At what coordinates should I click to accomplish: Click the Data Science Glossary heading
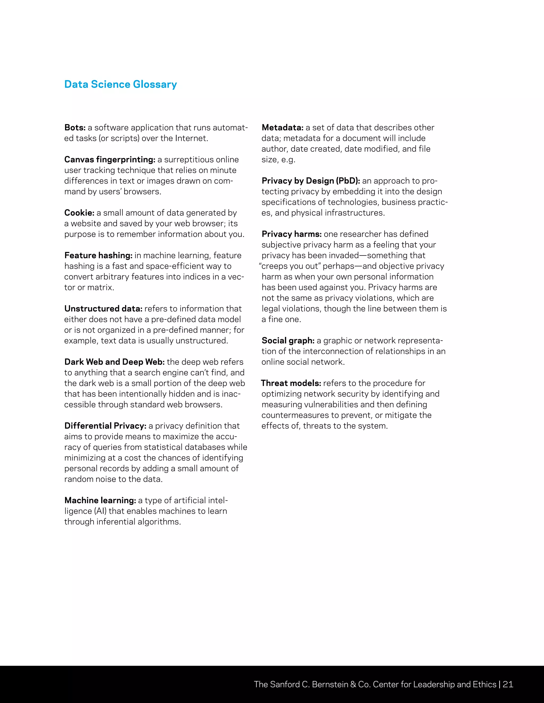[121, 84]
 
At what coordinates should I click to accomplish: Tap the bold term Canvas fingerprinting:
[110, 160]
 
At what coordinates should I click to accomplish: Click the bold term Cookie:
[79, 213]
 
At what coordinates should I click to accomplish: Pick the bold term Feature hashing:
[98, 255]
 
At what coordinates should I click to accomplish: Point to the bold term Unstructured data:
[103, 309]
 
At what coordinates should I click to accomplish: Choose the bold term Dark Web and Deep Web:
[114, 362]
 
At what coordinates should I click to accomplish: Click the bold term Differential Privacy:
[105, 426]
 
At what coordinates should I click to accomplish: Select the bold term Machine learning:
[100, 500]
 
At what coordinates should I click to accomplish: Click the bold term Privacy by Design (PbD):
[311, 181]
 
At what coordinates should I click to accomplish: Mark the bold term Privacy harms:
[291, 234]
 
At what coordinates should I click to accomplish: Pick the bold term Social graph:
[288, 341]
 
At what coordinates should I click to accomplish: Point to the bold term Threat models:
[291, 383]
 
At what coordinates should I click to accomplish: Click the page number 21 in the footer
[508, 684]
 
